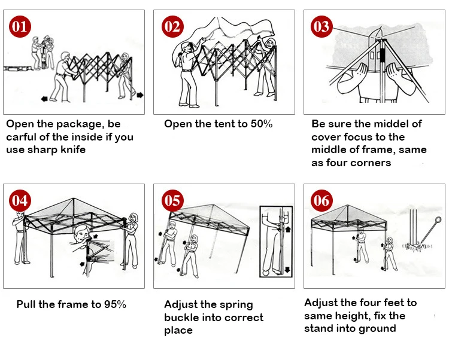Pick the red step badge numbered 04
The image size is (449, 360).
[x=20, y=200]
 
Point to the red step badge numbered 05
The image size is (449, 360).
[x=172, y=200]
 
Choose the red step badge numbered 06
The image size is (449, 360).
[x=321, y=200]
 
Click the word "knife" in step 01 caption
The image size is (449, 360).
[x=70, y=150]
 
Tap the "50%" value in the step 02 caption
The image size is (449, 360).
[x=261, y=124]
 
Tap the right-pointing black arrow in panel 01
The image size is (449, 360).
[x=139, y=94]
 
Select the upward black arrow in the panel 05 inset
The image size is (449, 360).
[x=287, y=228]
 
